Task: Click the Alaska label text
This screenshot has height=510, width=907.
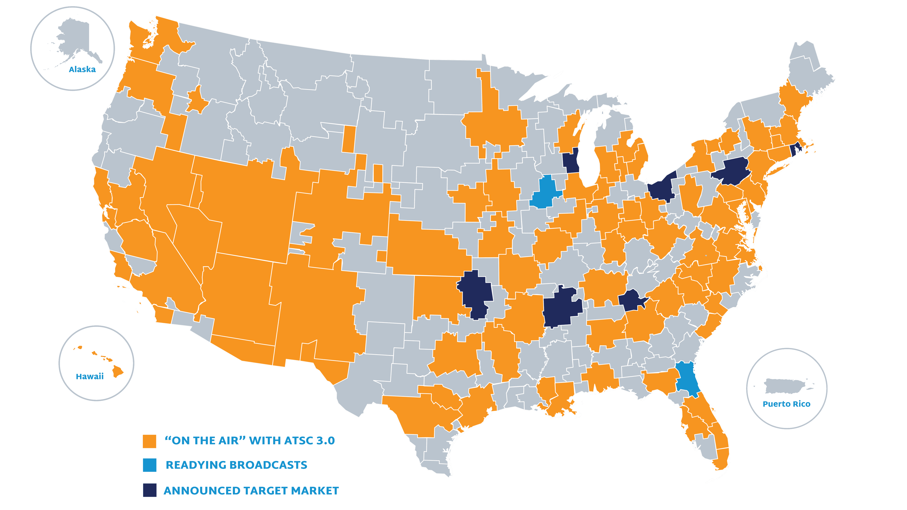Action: coord(82,69)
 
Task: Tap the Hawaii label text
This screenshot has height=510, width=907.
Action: coord(90,376)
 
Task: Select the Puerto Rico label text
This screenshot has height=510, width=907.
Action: coord(786,404)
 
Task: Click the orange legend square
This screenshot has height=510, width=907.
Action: coord(149,441)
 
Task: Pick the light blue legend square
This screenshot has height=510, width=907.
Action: coord(149,465)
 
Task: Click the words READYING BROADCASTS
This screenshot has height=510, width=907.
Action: coord(236,465)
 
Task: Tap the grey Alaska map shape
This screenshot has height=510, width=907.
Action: coord(76,40)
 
